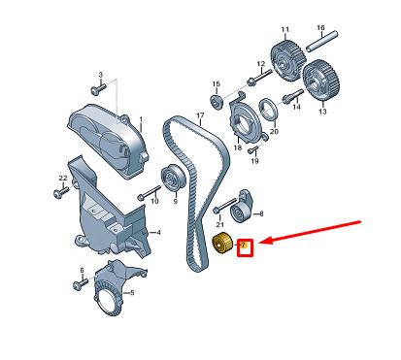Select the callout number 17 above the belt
[200, 115]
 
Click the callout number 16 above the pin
[320, 27]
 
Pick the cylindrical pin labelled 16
[322, 41]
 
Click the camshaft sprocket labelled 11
[287, 60]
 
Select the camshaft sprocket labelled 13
[321, 80]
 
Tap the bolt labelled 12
[259, 77]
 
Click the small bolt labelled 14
[293, 96]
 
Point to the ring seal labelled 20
[269, 109]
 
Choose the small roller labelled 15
[217, 101]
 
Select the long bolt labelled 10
[149, 193]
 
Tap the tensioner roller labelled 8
[243, 206]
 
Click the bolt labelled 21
[224, 206]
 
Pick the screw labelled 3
[98, 88]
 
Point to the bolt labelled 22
[61, 192]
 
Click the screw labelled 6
[81, 283]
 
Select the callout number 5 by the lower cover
[132, 293]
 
